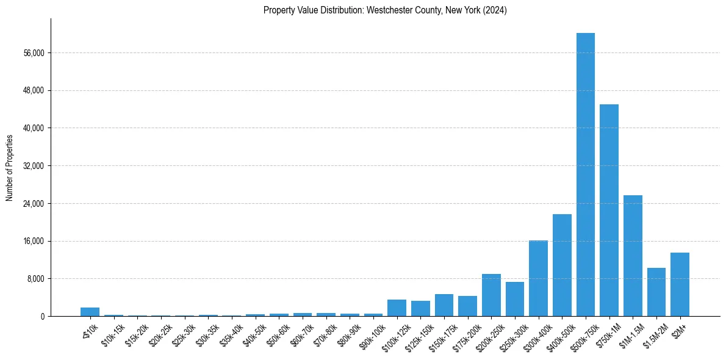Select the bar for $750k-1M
click(x=609, y=211)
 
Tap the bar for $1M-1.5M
click(x=633, y=256)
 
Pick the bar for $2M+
click(x=680, y=284)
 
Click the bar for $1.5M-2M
click(x=656, y=292)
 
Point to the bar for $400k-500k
click(x=562, y=265)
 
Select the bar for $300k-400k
click(x=538, y=278)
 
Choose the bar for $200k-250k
click(x=491, y=295)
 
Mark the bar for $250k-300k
click(x=515, y=299)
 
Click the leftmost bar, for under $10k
click(x=90, y=312)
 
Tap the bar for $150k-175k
click(x=444, y=305)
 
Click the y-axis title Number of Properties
click(x=10, y=167)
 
